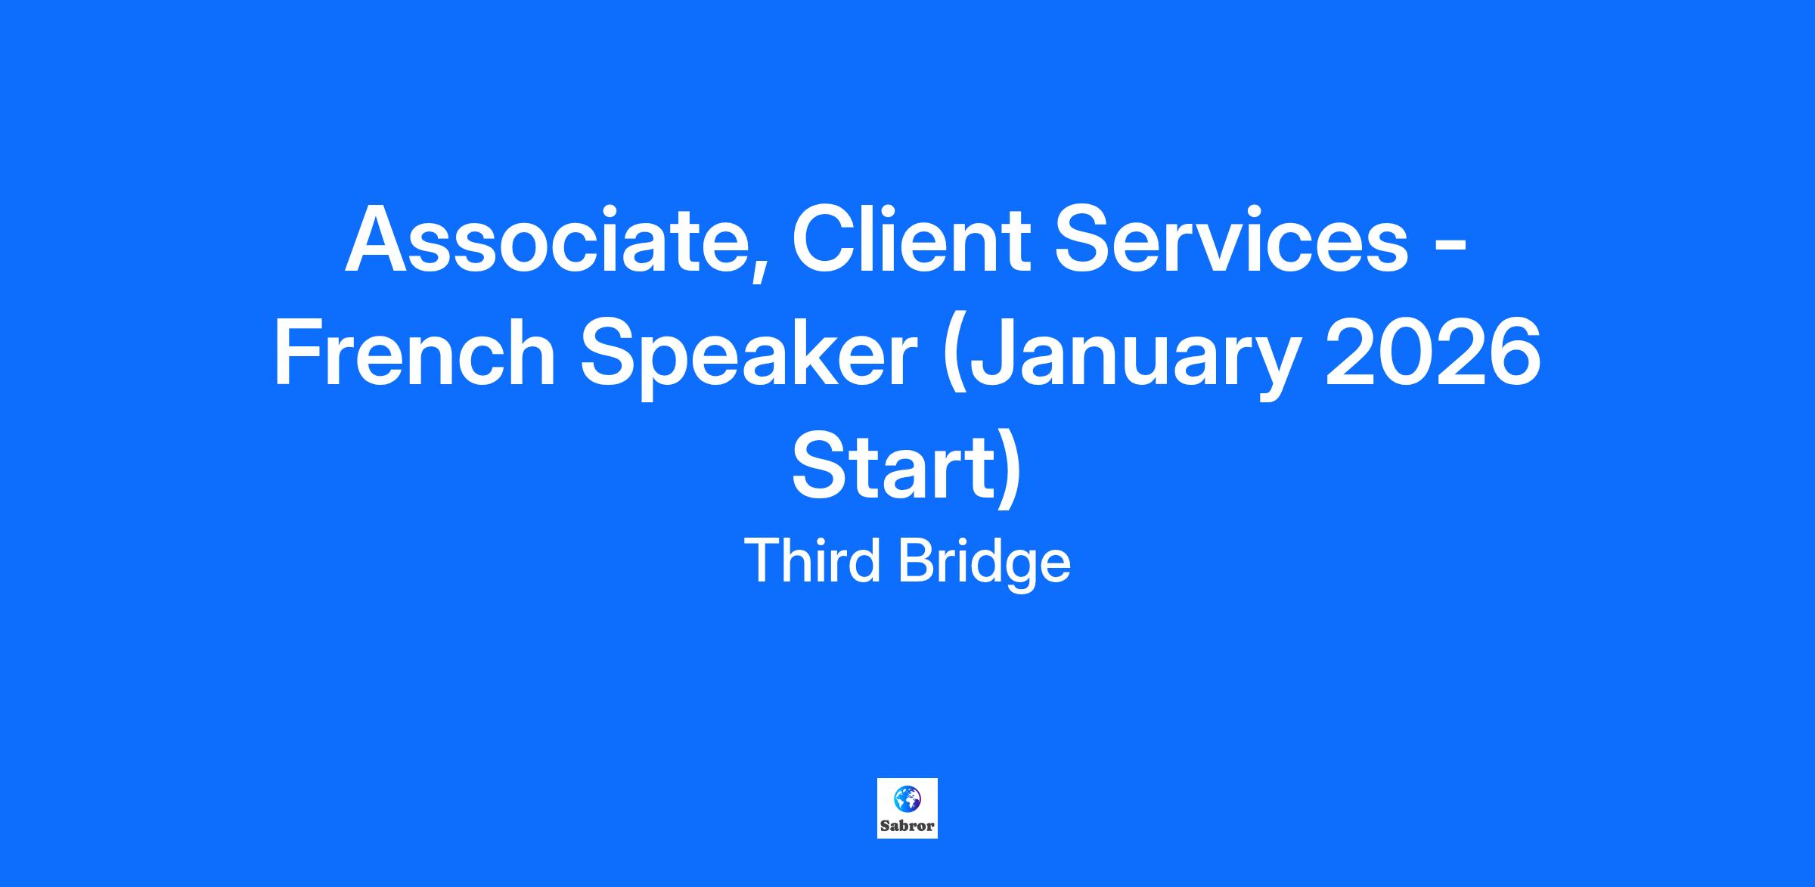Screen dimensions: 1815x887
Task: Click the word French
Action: pos(414,352)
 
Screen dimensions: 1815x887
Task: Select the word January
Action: pos(1123,358)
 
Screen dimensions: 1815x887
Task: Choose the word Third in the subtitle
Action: pos(813,561)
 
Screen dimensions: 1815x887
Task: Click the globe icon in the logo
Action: pos(907,799)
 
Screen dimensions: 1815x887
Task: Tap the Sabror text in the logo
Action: pos(907,827)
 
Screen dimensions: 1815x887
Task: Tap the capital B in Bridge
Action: pos(917,562)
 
